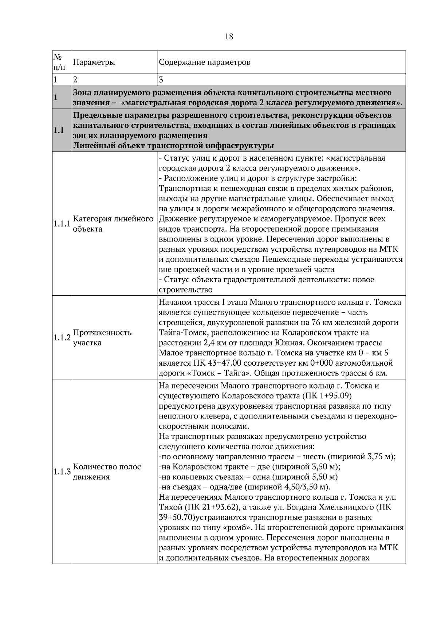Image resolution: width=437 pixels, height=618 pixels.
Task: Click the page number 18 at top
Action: click(229, 36)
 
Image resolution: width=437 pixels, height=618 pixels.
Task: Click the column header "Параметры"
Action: click(94, 62)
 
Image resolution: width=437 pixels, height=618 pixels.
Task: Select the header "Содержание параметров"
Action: click(205, 62)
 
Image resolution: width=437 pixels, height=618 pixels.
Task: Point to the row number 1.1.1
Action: click(62, 224)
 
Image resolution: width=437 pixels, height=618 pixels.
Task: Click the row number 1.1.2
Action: click(62, 338)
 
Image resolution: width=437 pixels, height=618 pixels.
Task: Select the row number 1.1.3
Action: click(62, 472)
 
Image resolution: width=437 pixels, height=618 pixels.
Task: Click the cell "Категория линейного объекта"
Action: click(113, 224)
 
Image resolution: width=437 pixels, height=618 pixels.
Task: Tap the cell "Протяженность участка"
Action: click(102, 338)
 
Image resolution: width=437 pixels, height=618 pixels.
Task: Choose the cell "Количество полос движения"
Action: click(107, 472)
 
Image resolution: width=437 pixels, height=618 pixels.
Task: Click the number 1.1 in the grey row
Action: click(59, 130)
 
